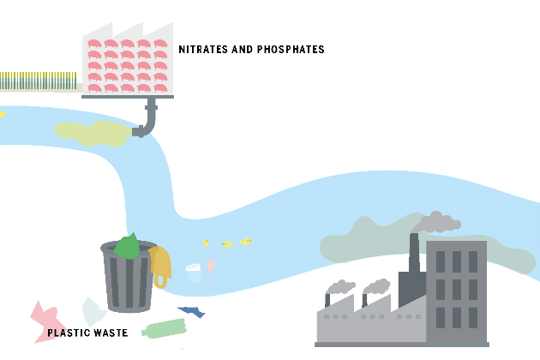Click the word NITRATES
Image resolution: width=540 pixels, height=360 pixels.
[204, 50]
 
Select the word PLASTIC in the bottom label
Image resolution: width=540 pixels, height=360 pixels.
[68, 333]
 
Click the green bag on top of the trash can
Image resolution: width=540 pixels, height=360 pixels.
[127, 246]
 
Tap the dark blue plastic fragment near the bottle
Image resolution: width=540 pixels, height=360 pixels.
[192, 312]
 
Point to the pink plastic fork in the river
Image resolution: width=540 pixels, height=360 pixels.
[210, 269]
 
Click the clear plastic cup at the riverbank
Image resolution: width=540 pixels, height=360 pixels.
[195, 273]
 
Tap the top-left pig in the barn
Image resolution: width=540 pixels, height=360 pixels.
[95, 43]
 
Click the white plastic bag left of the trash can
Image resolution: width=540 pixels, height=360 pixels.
[93, 310]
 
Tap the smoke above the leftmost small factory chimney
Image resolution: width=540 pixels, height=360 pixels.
[341, 286]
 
